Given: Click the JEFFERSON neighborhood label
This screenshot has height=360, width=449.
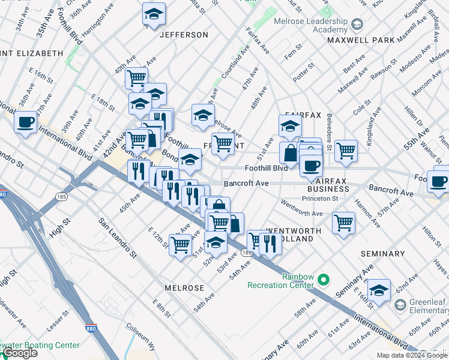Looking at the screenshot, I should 184,35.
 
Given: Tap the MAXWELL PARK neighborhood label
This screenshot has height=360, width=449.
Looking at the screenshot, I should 361,40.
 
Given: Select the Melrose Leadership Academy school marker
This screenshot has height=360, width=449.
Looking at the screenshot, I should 357,25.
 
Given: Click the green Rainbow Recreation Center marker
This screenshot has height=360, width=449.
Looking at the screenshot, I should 324,280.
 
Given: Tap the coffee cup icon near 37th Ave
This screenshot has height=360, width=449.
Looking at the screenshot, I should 25,123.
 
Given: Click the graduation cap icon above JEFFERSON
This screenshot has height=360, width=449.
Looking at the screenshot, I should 154,14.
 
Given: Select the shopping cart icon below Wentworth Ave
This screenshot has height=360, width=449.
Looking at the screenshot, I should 343,223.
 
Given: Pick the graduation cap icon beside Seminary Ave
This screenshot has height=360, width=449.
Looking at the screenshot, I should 379,291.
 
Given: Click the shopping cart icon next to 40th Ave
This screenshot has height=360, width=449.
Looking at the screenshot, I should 137,77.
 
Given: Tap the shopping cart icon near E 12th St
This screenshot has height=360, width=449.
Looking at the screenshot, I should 180,245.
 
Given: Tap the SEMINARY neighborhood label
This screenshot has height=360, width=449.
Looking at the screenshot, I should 383,254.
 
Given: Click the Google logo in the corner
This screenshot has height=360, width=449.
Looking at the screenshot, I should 20,353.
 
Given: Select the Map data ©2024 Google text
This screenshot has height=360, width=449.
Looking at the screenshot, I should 411,355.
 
